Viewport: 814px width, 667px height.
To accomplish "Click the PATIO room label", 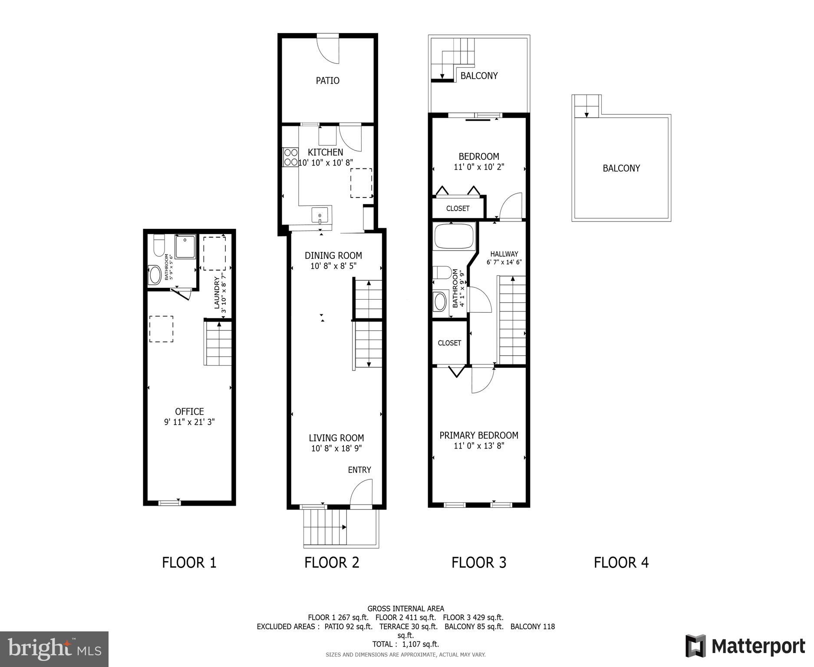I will tap(327, 81).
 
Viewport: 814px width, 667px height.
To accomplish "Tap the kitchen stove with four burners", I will tap(290, 157).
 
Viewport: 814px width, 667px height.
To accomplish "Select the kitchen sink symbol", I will tap(320, 215).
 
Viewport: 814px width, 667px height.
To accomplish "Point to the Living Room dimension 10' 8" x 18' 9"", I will tap(336, 449).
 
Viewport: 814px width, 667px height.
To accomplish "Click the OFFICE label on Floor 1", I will tap(189, 411).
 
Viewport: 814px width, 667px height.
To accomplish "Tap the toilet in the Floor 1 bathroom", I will tap(159, 245).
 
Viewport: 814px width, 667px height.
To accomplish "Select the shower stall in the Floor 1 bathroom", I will tap(185, 246).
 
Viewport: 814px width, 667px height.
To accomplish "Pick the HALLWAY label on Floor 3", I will tap(504, 254).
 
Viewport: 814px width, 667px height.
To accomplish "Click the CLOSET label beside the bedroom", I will tap(458, 208).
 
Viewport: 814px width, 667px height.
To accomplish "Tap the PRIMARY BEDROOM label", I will tap(478, 435).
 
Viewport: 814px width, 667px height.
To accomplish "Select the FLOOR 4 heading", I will tap(621, 562).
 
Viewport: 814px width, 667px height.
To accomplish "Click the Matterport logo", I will tap(745, 647).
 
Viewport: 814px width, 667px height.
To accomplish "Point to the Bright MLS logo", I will tap(54, 649).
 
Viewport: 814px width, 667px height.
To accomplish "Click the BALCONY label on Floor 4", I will tap(621, 168).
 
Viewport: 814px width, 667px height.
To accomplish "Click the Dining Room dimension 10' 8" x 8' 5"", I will tap(333, 266).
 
